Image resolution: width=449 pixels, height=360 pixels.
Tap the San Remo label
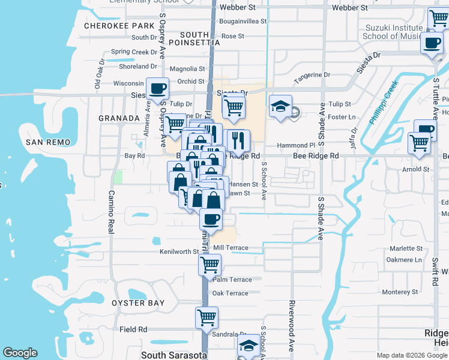point(48,142)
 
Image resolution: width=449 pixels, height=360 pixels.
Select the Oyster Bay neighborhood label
point(137,303)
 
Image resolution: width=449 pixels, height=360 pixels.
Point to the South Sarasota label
point(174,355)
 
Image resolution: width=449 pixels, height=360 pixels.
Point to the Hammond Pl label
point(296,145)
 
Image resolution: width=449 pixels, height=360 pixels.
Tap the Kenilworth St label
point(179,251)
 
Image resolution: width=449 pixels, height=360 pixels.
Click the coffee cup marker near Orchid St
point(157,89)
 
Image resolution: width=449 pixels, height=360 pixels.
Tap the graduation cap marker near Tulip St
point(280,106)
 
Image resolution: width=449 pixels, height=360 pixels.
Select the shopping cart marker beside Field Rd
point(206,316)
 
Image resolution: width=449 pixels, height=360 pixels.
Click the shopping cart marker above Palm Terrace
point(209,263)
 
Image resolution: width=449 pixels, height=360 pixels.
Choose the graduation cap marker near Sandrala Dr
point(249,346)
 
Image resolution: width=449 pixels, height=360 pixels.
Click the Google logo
point(20,353)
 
